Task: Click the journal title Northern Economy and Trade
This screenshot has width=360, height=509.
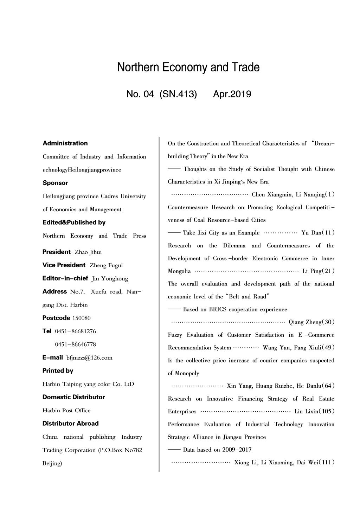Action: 188,67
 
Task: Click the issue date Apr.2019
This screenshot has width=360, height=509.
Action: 232,94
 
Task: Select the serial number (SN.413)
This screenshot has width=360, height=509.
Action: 178,94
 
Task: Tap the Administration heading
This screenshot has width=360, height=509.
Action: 65,143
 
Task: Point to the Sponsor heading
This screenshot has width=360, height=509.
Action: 55,183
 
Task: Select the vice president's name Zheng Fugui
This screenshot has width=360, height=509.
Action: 106,265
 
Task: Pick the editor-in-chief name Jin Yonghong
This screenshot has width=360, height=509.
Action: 110,279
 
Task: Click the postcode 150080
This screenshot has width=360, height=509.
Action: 81,318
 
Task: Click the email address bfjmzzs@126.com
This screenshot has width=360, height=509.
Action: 89,358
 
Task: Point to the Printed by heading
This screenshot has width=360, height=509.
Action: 58,371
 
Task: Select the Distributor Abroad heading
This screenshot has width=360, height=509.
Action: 70,423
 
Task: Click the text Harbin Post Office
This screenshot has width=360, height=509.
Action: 66,410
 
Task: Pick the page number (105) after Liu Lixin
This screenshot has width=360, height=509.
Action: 326,411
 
